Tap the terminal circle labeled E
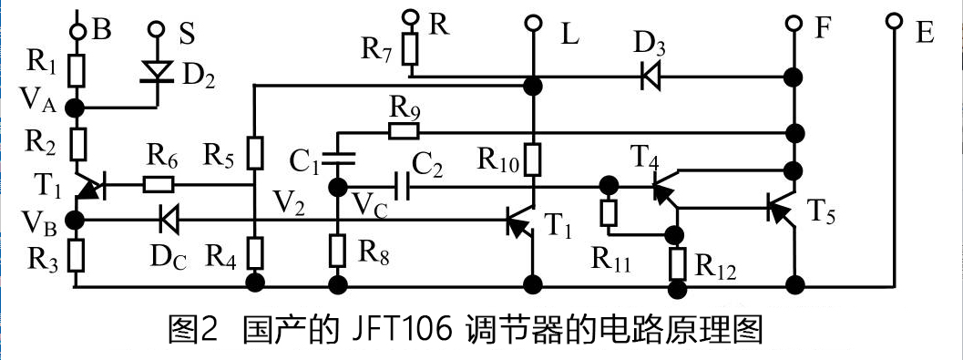coord(895,20)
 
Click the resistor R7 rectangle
coord(411,49)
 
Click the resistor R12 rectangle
coord(677,262)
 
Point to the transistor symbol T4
coord(663,187)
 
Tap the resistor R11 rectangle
coord(608,212)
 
